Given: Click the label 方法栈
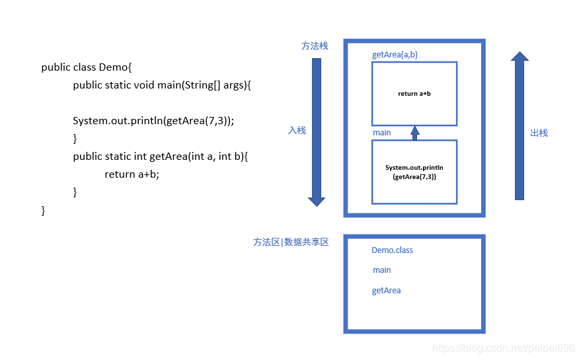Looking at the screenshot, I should [315, 46].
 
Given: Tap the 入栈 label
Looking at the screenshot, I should [297, 130].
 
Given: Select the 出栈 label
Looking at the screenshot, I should [539, 133].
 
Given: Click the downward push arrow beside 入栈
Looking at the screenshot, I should [317, 132].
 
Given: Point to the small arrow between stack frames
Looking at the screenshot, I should [415, 133].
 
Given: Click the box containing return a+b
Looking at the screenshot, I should [414, 94].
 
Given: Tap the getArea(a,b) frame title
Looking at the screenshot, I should [395, 55].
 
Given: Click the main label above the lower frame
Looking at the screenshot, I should [382, 133].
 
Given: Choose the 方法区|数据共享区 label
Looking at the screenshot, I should [291, 242].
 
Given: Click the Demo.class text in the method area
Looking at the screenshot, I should [392, 250].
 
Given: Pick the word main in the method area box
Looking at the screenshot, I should [382, 270].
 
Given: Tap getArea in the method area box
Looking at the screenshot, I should [387, 291].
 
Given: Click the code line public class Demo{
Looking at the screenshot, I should [87, 67].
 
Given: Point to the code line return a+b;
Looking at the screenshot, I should [132, 174].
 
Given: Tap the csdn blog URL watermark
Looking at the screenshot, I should [503, 348].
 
